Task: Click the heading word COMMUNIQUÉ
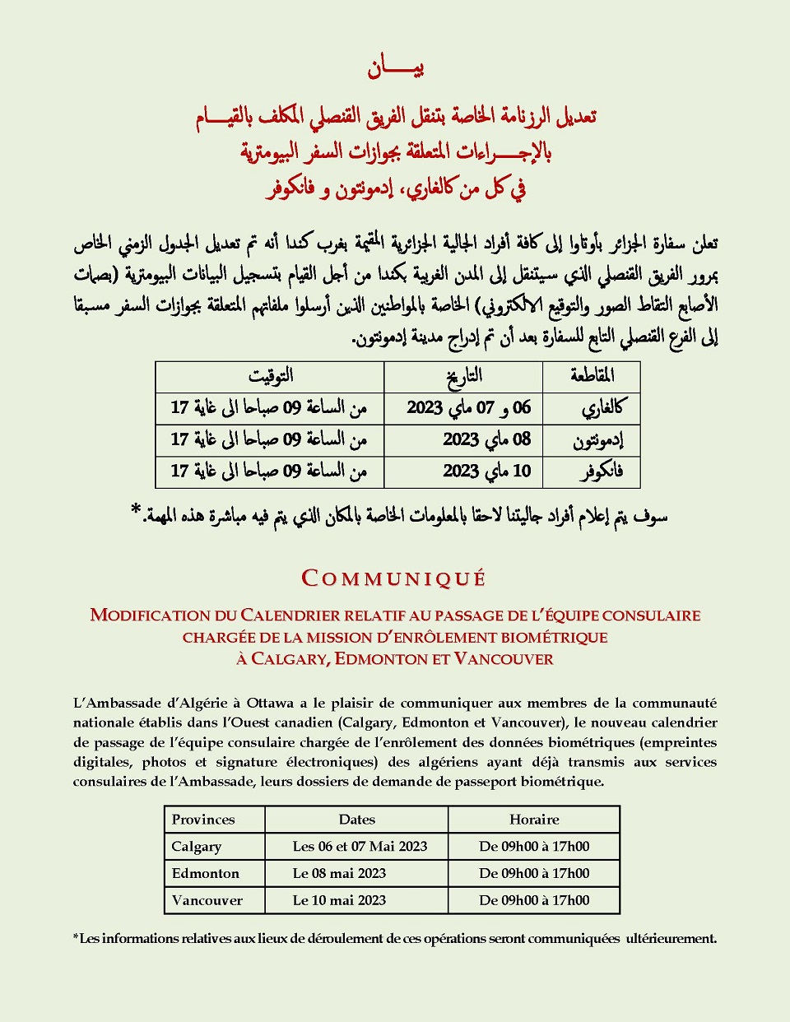tap(394, 578)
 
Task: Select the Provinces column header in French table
tap(203, 820)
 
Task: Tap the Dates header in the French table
tap(356, 820)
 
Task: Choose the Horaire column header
tap(534, 820)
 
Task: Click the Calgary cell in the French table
tap(197, 847)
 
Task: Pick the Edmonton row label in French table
tap(206, 874)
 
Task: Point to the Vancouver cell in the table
tap(207, 900)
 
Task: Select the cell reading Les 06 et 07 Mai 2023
tap(360, 847)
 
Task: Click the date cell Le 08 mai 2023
tap(339, 874)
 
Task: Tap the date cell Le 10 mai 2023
tap(339, 900)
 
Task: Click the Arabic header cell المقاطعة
tap(592, 376)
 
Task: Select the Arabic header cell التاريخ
tap(464, 377)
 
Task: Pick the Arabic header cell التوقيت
tap(271, 376)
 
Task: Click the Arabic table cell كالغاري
tap(602, 407)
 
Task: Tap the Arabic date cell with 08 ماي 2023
tap(487, 439)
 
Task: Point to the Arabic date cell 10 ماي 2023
tap(487, 472)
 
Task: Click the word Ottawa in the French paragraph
tap(270, 703)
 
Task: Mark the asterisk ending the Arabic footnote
tap(136, 512)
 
